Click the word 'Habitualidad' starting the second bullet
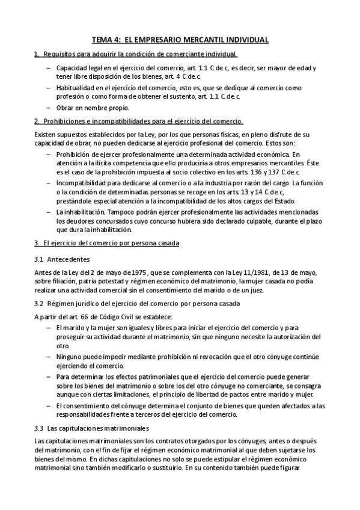[x=75, y=87]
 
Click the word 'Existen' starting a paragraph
[x=46, y=135]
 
